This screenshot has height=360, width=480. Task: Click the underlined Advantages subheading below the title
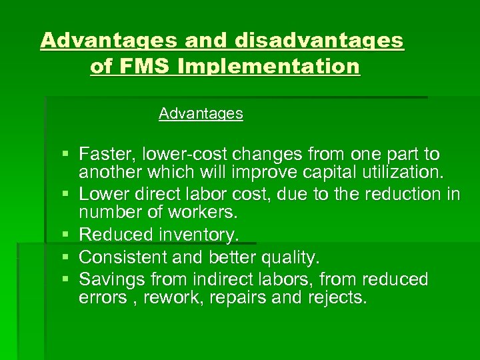click(201, 114)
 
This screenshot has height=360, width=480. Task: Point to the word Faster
click(105, 155)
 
